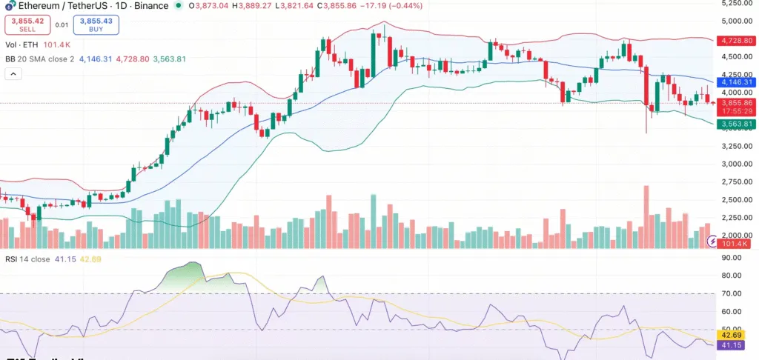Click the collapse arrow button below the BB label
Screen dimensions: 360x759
[13, 74]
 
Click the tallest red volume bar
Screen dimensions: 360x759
[646, 216]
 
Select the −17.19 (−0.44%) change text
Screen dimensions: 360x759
[382, 5]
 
